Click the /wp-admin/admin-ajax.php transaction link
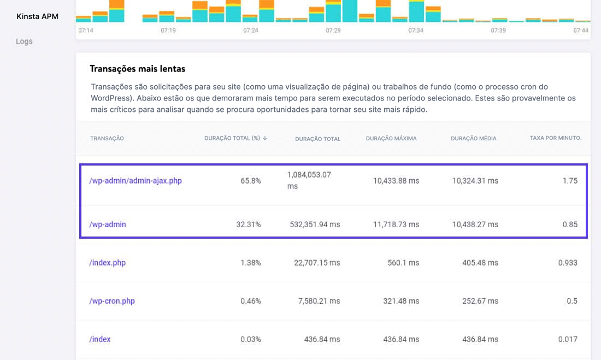point(135,181)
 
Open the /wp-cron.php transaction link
point(111,301)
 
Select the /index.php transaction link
point(107,263)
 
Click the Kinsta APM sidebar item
point(38,16)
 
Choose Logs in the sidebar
point(24,41)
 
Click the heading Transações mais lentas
point(137,69)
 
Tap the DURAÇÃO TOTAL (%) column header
point(232,138)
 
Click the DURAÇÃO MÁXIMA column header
point(391,138)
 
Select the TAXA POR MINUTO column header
point(555,138)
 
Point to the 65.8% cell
point(250,181)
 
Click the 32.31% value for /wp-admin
point(248,225)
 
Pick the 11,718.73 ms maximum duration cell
point(396,225)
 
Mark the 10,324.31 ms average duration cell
point(475,181)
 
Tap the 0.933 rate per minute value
point(567,263)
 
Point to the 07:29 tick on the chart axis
point(333,31)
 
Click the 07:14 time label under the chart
point(86,31)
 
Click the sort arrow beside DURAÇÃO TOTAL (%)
point(265,138)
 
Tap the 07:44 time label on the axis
point(581,31)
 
